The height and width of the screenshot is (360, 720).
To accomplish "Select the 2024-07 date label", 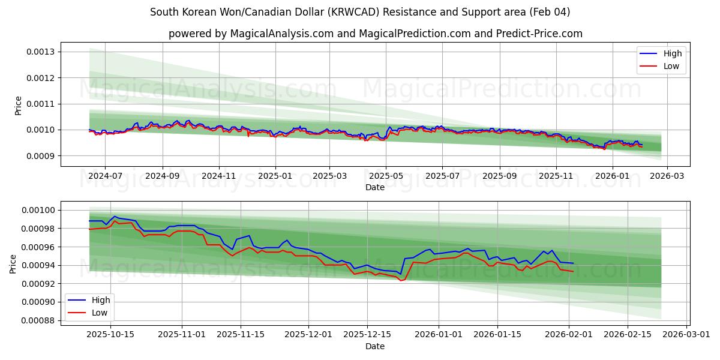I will (105, 176).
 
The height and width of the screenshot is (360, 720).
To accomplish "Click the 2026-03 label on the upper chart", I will (668, 176).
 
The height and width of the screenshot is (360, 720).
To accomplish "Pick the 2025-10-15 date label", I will (110, 335).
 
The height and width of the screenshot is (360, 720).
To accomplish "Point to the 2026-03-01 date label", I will (686, 335).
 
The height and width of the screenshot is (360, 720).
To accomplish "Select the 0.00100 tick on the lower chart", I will (38, 210).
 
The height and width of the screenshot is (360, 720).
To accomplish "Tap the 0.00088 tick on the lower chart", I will (38, 320).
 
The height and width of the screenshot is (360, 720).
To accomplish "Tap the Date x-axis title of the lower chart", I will (375, 346).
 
